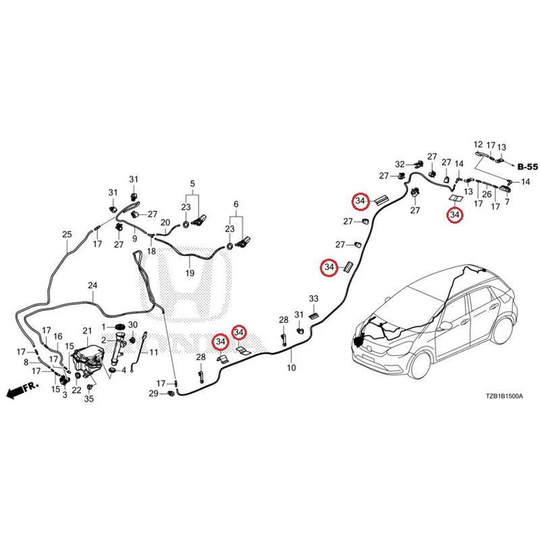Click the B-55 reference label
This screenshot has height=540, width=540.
[528, 167]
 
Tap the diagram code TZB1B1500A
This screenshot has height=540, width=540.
[504, 396]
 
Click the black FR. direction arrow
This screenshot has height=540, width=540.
[15, 392]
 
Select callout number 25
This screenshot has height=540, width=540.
[67, 234]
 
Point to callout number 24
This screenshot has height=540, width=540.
[92, 285]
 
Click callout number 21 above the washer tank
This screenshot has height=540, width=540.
[87, 331]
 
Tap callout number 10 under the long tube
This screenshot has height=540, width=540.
[292, 368]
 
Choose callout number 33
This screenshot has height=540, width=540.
[313, 298]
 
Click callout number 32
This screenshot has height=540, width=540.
[400, 164]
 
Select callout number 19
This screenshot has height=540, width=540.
[190, 273]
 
